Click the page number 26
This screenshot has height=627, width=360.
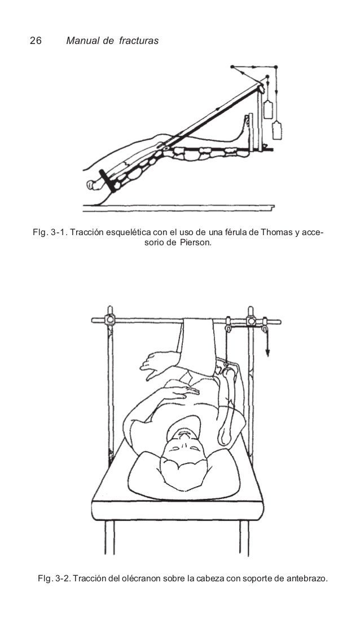35,41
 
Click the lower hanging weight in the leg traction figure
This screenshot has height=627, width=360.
277,131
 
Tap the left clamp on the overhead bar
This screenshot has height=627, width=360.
109,319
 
